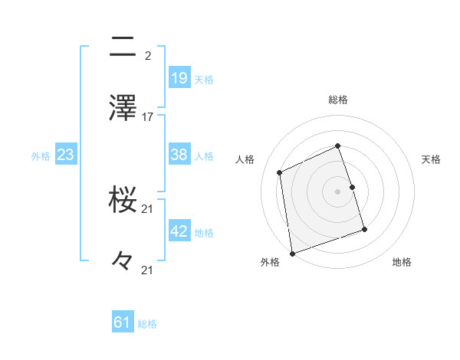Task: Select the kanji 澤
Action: [x=123, y=108]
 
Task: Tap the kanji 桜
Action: [x=123, y=201]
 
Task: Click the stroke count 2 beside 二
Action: [x=147, y=56]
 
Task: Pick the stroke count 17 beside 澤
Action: [x=148, y=117]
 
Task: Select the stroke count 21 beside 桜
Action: [x=148, y=209]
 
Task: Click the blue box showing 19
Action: [x=179, y=78]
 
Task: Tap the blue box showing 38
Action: [x=179, y=155]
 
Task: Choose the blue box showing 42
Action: [x=179, y=232]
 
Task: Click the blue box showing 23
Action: [x=66, y=155]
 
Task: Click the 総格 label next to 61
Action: [x=147, y=324]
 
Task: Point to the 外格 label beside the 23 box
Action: [x=41, y=156]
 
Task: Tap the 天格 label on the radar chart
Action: [x=431, y=159]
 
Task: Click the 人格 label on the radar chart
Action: [x=245, y=159]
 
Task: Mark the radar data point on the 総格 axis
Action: [x=338, y=146]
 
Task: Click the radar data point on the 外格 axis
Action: [x=292, y=253]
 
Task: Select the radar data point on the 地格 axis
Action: [x=364, y=228]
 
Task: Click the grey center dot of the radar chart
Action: [x=338, y=191]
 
